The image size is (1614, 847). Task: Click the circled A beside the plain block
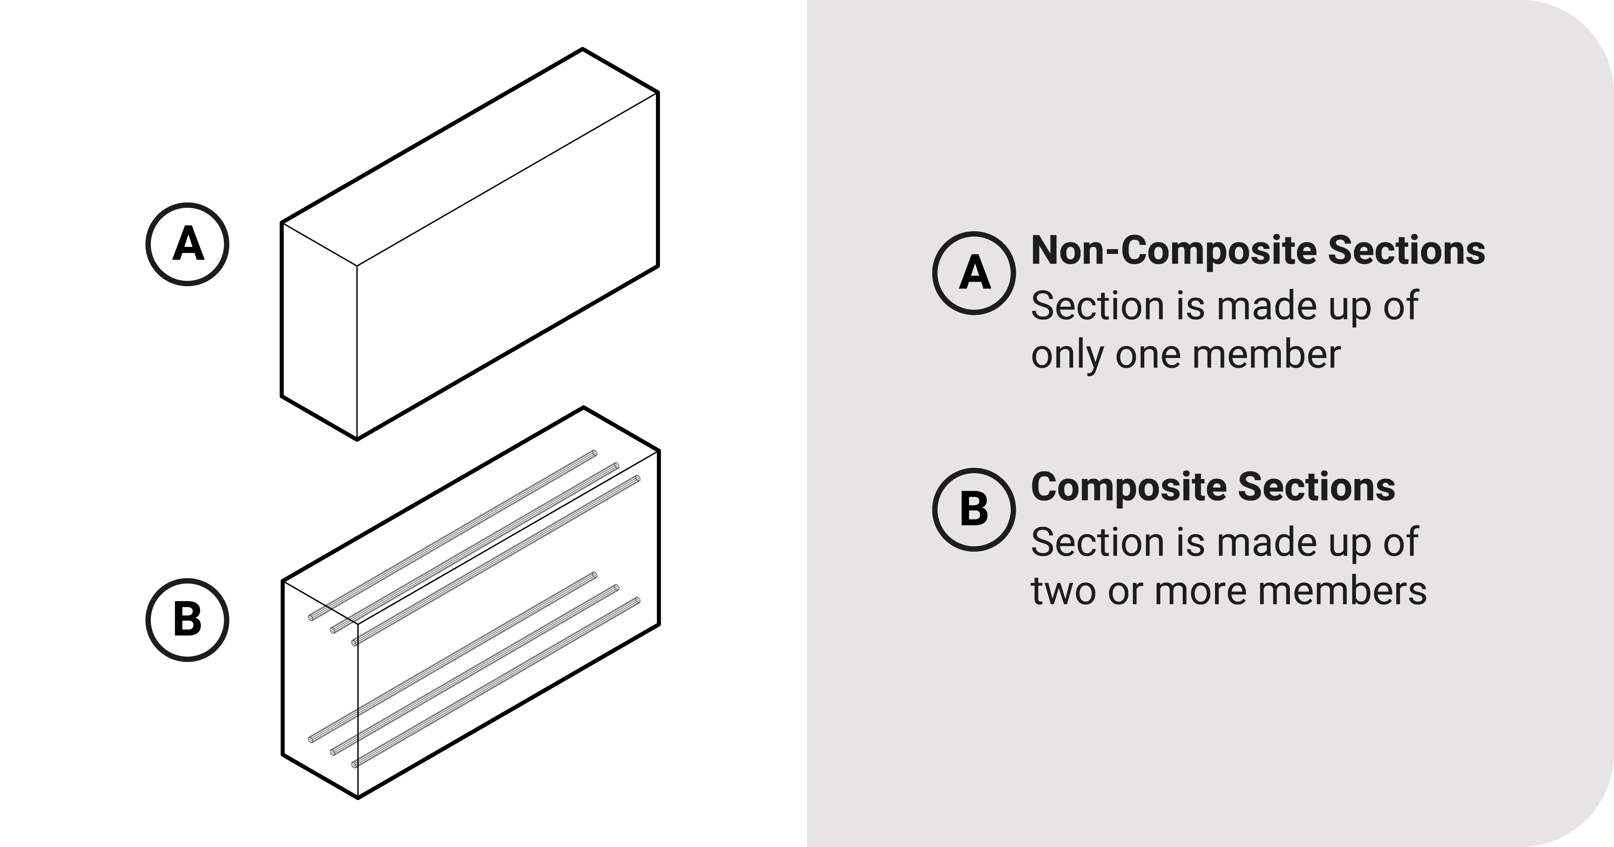[187, 244]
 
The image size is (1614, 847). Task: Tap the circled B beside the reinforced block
[187, 620]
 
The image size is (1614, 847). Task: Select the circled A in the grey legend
[974, 273]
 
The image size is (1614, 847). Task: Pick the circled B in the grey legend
[974, 509]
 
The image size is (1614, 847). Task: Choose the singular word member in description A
[1266, 355]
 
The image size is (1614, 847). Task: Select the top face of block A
[470, 156]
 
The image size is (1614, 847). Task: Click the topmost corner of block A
[583, 49]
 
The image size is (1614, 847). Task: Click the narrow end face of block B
[320, 689]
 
